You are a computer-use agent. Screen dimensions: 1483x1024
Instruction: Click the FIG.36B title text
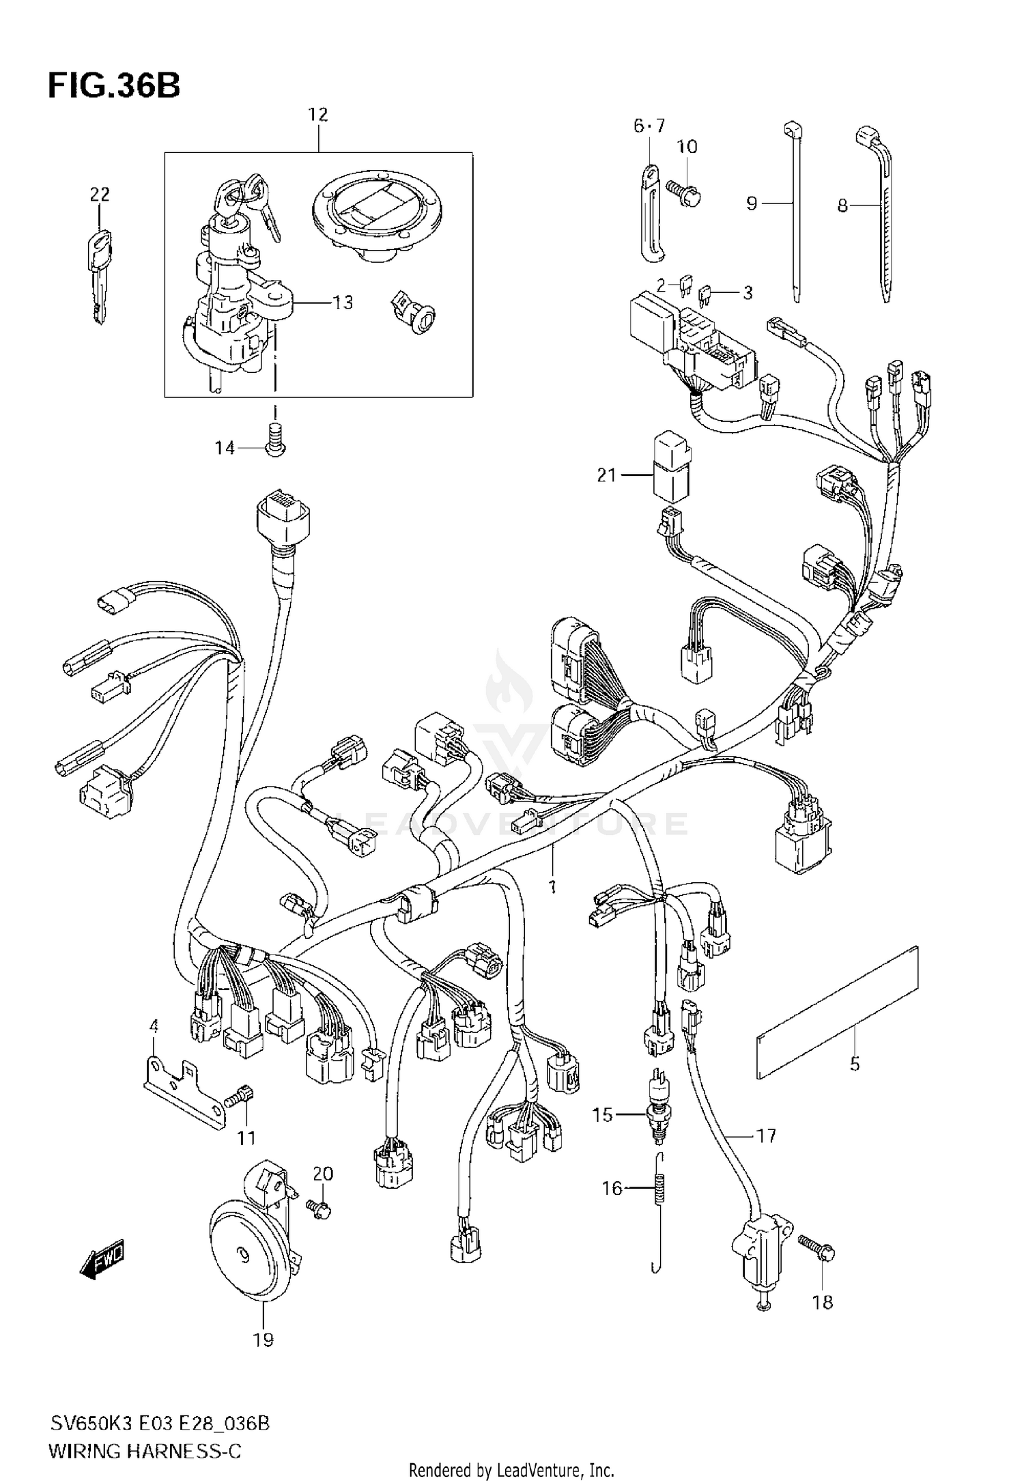[x=114, y=87]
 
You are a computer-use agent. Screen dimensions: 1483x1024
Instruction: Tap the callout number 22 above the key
[x=100, y=195]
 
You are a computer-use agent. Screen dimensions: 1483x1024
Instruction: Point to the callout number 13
[x=343, y=302]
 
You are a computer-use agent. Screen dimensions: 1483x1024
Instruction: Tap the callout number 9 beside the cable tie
[x=752, y=203]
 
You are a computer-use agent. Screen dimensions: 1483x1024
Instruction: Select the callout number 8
[x=842, y=205]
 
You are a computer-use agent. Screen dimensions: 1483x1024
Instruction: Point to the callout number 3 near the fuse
[x=748, y=293]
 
